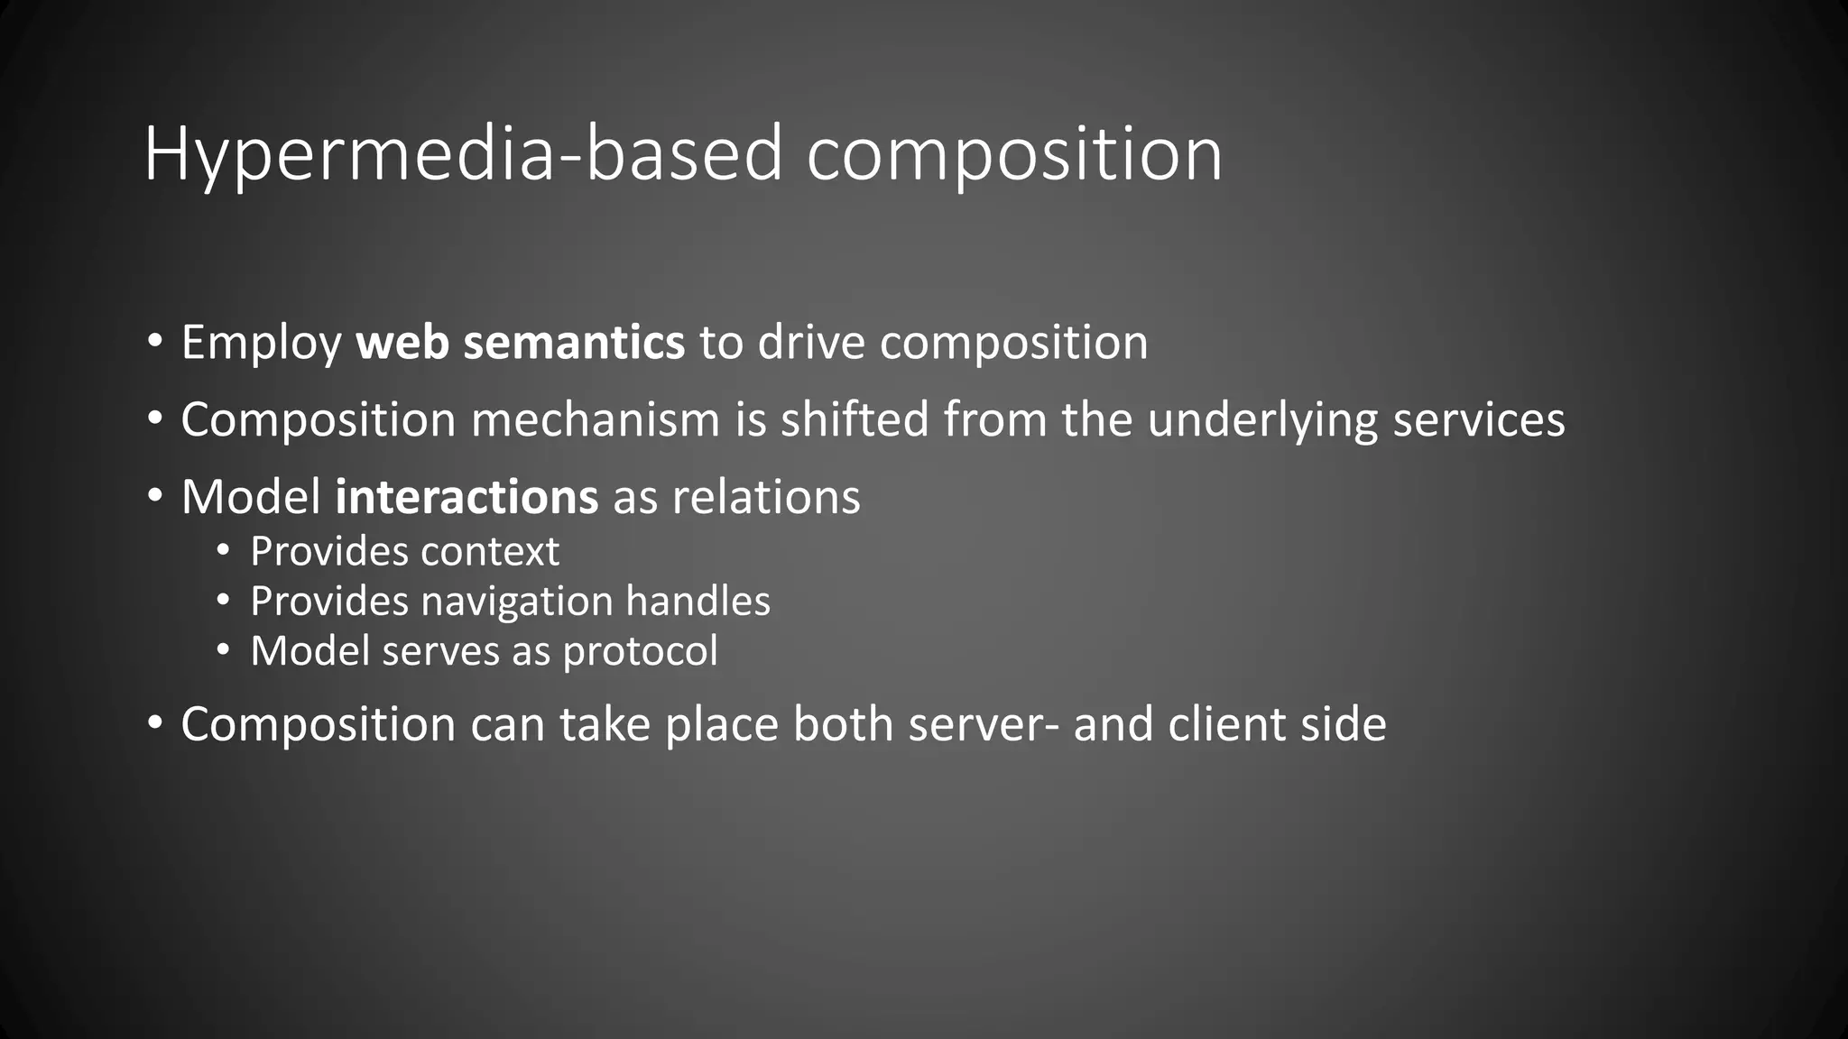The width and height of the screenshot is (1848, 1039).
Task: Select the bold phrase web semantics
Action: pyautogui.click(x=520, y=343)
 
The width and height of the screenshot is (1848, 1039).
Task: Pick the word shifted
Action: pyautogui.click(x=854, y=420)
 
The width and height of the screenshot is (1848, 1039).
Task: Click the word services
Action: pyautogui.click(x=1478, y=420)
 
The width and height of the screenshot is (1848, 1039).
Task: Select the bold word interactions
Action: pyautogui.click(x=466, y=497)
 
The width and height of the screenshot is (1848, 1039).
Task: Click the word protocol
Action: pyautogui.click(x=640, y=652)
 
